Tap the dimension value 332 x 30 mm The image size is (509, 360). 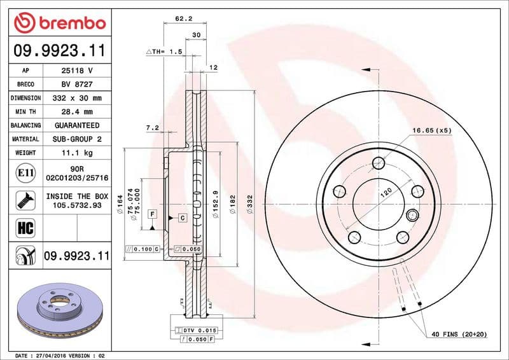click(76, 98)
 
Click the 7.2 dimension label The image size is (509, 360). click(152, 128)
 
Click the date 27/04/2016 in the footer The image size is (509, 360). click(56, 355)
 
